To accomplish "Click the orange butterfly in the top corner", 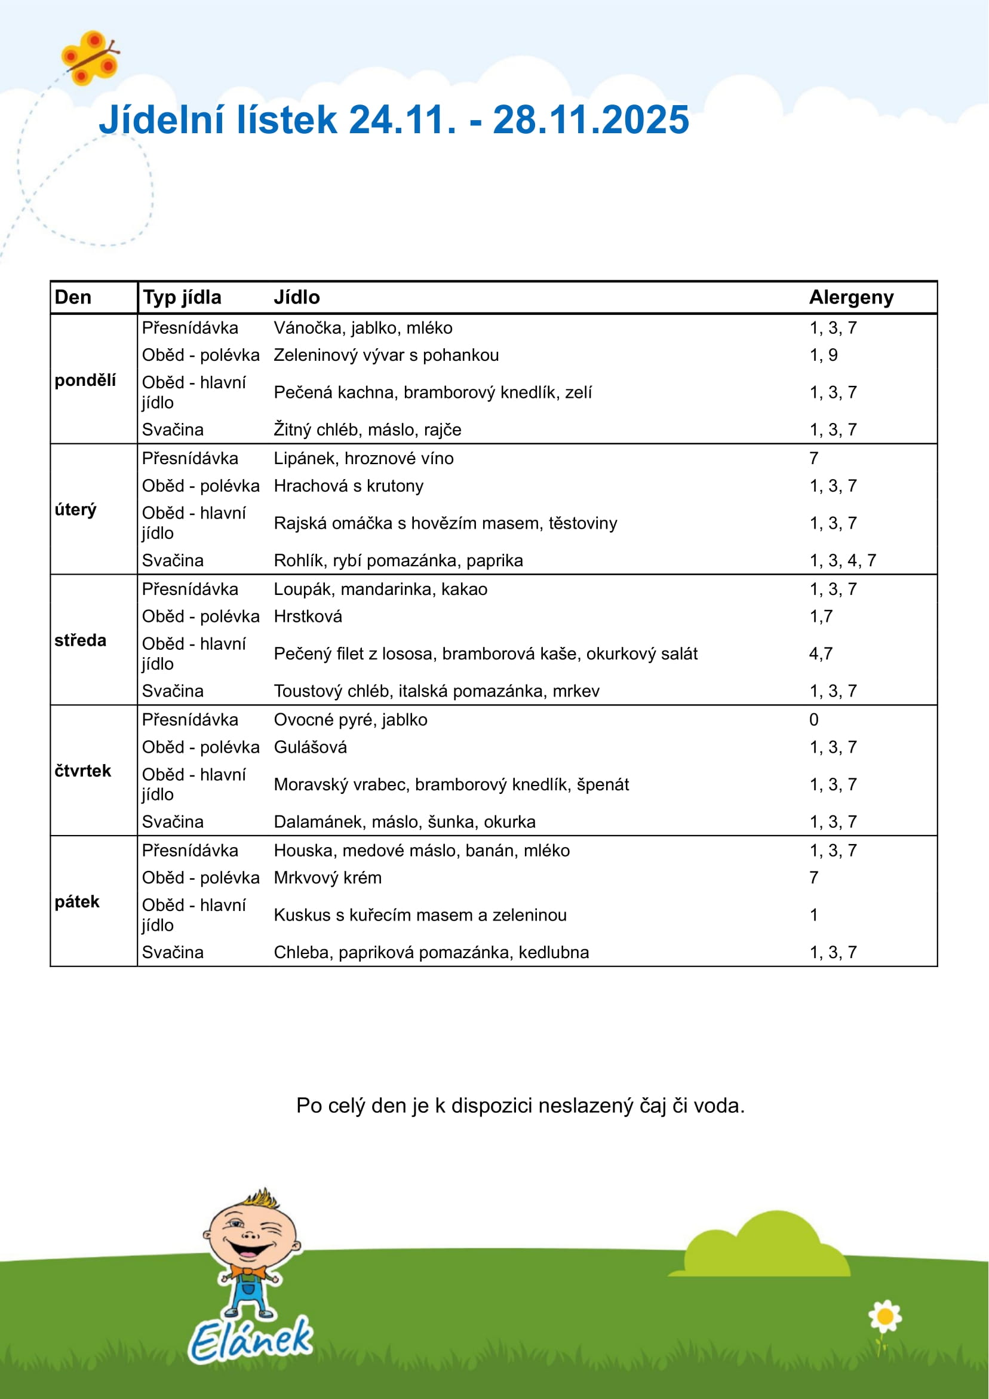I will (90, 58).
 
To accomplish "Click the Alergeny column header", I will (850, 297).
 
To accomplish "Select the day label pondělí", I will (85, 381).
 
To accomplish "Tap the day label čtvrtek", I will (83, 771).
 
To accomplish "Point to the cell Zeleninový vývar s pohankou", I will (386, 355).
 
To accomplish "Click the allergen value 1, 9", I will (823, 355).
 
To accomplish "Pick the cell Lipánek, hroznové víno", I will (363, 458).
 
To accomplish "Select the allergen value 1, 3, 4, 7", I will (842, 560).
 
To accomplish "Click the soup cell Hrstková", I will (308, 616).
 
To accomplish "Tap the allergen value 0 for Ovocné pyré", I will (813, 720).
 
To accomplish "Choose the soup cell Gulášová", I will (310, 747).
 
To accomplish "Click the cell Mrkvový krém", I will (327, 878).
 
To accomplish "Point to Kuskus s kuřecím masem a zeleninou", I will (420, 915).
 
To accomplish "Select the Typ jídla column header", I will (182, 297).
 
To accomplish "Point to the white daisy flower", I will (885, 1317).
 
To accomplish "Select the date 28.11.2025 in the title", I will (591, 119).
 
